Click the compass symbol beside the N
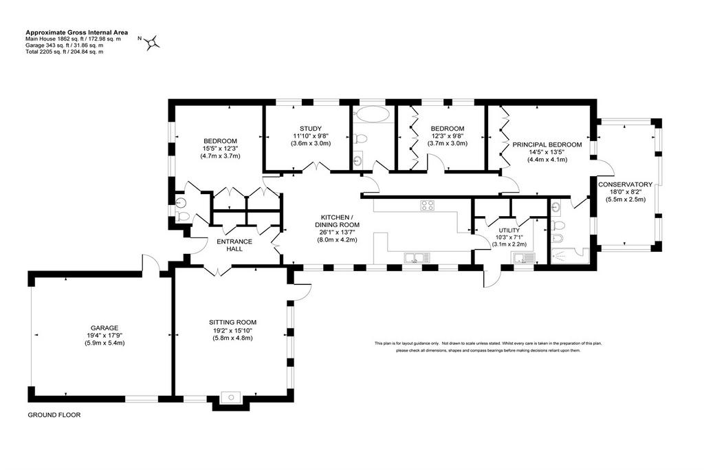click(x=153, y=43)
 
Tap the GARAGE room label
click(x=104, y=328)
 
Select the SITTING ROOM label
click(x=232, y=322)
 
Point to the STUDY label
click(x=311, y=129)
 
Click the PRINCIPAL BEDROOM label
click(x=547, y=145)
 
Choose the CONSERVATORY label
click(x=625, y=184)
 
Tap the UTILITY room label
click(x=509, y=231)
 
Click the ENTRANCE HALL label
click(x=234, y=245)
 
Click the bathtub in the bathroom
click(x=371, y=114)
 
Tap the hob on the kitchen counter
click(x=427, y=205)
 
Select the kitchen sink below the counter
click(x=417, y=258)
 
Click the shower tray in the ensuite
click(x=569, y=255)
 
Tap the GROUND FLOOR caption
click(x=54, y=415)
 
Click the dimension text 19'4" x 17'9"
click(x=104, y=335)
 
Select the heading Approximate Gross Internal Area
click(x=77, y=32)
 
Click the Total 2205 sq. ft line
click(x=64, y=51)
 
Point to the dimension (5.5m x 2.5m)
click(x=626, y=199)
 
